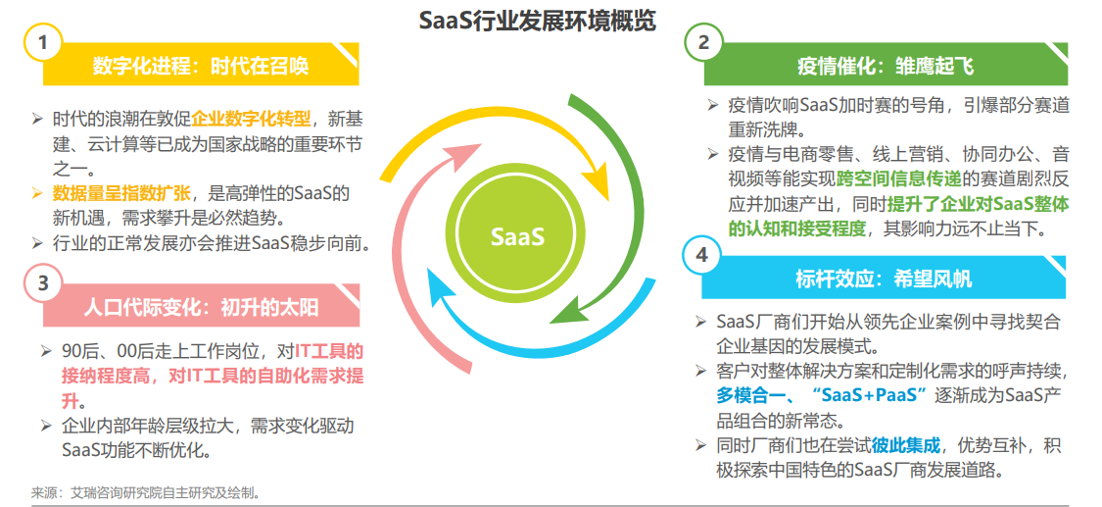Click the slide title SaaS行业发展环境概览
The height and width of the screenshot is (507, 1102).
pos(537,22)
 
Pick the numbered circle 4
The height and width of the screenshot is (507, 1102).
pos(701,256)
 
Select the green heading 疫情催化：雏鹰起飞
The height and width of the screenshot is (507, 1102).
pos(886,66)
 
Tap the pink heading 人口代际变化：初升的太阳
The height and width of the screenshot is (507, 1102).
pos(201,307)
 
